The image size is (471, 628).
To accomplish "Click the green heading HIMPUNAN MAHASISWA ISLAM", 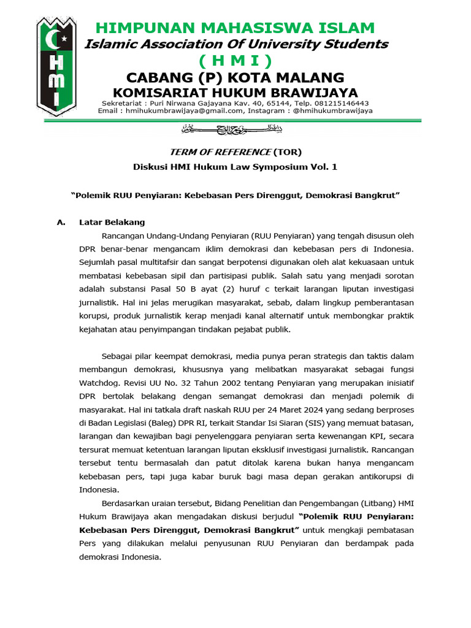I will click(x=235, y=28).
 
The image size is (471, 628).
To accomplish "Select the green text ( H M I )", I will click(x=235, y=61).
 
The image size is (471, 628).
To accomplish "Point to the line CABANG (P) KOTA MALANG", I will click(x=235, y=77).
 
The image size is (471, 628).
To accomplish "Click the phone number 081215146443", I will click(x=341, y=103).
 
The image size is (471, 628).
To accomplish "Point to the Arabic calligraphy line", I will click(x=235, y=129).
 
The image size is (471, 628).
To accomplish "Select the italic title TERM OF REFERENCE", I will click(x=219, y=151).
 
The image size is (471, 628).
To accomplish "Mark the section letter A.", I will click(x=61, y=222).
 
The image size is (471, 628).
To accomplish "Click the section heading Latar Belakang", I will click(x=112, y=222).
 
